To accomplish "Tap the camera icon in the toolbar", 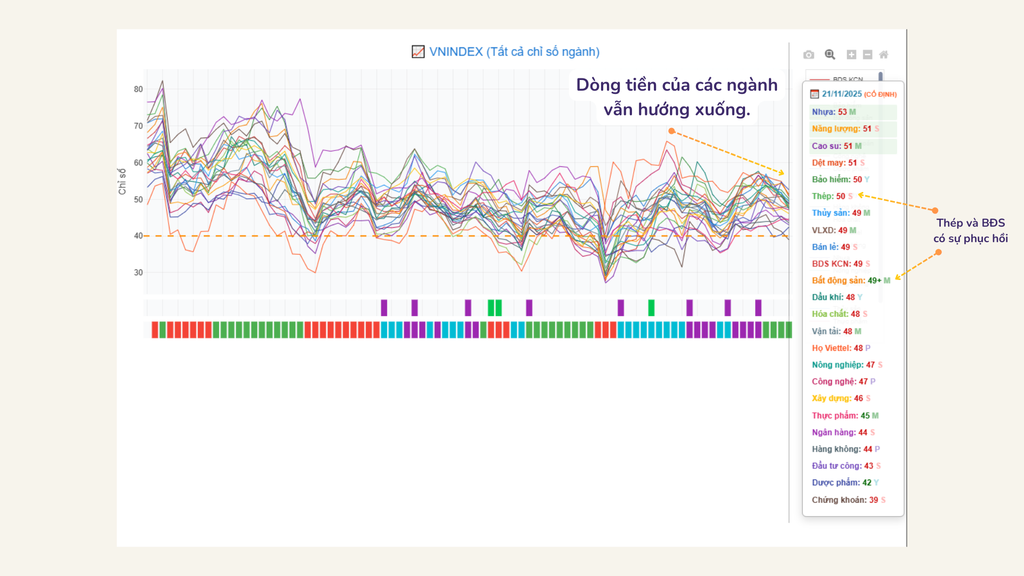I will (809, 54).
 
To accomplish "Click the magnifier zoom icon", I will (830, 54).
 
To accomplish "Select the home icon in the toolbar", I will (884, 54).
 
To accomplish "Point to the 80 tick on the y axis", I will (138, 89).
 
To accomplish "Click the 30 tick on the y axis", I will (138, 273).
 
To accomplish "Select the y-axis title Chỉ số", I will (122, 181).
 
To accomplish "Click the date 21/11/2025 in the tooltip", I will (841, 94).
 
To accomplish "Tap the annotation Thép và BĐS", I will (970, 223).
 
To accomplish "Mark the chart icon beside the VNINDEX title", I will (418, 52).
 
